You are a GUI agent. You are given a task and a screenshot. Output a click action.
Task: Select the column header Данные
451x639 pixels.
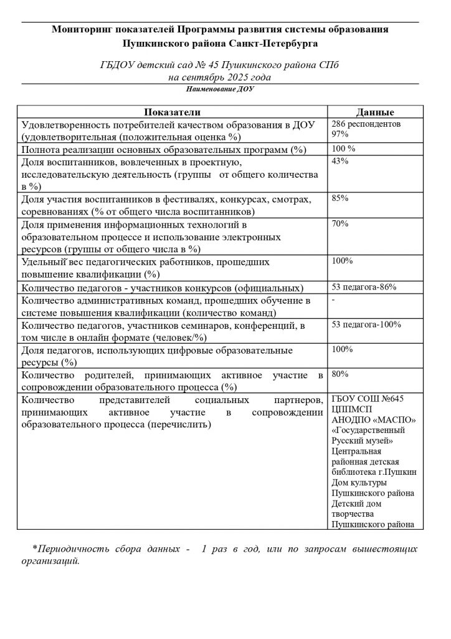click(374, 112)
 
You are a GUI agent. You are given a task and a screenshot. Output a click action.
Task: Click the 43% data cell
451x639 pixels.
click(340, 161)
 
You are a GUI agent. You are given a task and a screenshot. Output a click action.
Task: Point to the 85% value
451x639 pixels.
click(340, 198)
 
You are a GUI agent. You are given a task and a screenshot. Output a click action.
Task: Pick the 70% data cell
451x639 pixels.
click(340, 224)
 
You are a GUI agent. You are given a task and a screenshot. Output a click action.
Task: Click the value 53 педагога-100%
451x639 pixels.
click(366, 324)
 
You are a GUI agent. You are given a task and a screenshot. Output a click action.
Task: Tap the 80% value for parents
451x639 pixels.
click(340, 374)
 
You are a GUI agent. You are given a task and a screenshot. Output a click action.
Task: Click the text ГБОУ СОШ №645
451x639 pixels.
click(368, 399)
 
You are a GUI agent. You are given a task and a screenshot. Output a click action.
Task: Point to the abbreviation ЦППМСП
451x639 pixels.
click(353, 409)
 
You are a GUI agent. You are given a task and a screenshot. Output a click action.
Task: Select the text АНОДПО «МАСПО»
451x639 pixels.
click(373, 419)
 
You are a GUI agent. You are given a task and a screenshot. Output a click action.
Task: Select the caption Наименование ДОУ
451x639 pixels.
click(221, 89)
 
